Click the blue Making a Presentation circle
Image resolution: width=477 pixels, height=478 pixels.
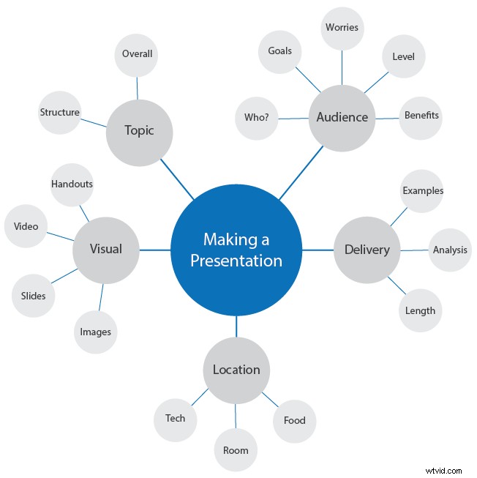coord(236,250)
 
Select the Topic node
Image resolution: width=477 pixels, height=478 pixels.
coord(139,131)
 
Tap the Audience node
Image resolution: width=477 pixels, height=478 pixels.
coord(342,117)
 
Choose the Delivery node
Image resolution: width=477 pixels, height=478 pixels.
coord(367,250)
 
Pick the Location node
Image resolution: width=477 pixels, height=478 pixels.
coord(236,370)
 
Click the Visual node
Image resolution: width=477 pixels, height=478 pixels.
coord(105,250)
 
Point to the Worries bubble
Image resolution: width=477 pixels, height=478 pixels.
coord(342,28)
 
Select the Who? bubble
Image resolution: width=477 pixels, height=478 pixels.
coord(256,117)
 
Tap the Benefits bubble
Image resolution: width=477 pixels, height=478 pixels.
coord(421,116)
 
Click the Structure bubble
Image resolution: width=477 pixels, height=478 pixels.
coord(60,113)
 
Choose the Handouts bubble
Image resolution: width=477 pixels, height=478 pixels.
coord(72,184)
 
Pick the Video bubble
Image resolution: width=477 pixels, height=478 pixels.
coord(26,226)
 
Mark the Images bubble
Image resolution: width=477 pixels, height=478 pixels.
coord(96,332)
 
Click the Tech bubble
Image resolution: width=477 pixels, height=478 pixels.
coord(175,419)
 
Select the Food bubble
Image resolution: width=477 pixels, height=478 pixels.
coord(294,420)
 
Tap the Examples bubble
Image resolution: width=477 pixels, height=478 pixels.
coord(423,191)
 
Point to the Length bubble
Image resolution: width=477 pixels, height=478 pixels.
coord(421,310)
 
